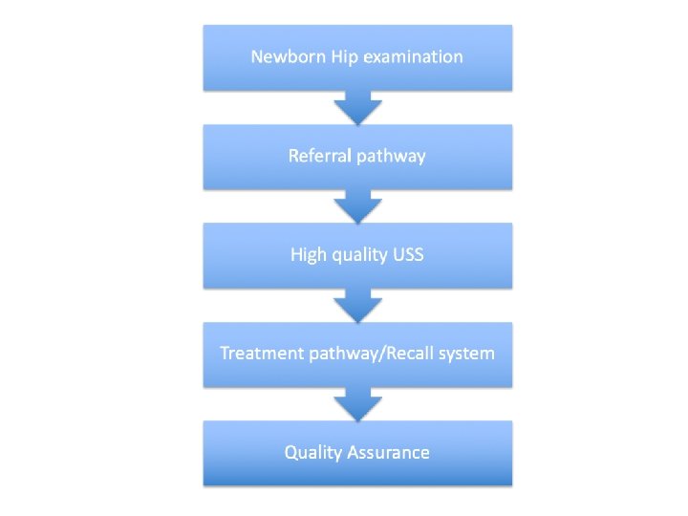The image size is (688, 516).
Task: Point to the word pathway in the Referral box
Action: tap(391, 157)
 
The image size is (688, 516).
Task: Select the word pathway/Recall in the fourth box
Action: tap(376, 355)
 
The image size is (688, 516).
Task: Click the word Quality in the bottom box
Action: tap(314, 453)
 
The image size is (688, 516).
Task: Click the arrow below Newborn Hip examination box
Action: tap(357, 106)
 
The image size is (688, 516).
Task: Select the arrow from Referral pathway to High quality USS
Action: tap(357, 205)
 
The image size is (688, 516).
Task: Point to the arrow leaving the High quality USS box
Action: tap(357, 304)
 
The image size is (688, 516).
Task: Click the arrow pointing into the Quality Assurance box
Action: tap(357, 403)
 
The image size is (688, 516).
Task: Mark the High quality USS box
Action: tap(357, 273)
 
